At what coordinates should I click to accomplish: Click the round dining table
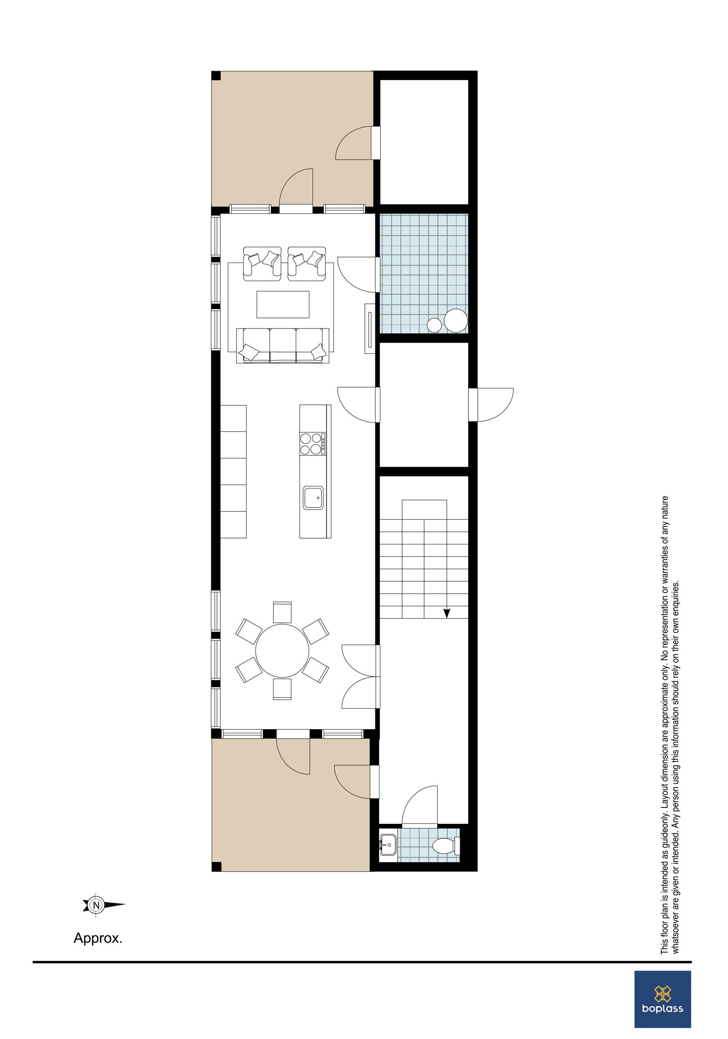tap(282, 651)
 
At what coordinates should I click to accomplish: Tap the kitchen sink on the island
tap(313, 498)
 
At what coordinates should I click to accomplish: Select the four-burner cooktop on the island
tap(313, 444)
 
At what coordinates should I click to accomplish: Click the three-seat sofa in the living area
tap(283, 345)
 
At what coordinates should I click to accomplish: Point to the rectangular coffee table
tap(283, 304)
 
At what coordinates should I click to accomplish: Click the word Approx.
tap(98, 951)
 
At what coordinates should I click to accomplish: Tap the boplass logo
tap(662, 995)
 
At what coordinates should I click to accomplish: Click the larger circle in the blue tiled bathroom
tap(455, 320)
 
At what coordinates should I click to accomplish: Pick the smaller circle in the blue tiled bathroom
tap(434, 324)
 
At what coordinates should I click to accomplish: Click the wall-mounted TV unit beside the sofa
tap(369, 329)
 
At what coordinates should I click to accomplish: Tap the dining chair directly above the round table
tap(282, 612)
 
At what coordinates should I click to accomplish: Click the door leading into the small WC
tap(420, 807)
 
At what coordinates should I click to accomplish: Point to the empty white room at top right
tap(424, 142)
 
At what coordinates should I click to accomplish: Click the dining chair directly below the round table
tap(282, 689)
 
